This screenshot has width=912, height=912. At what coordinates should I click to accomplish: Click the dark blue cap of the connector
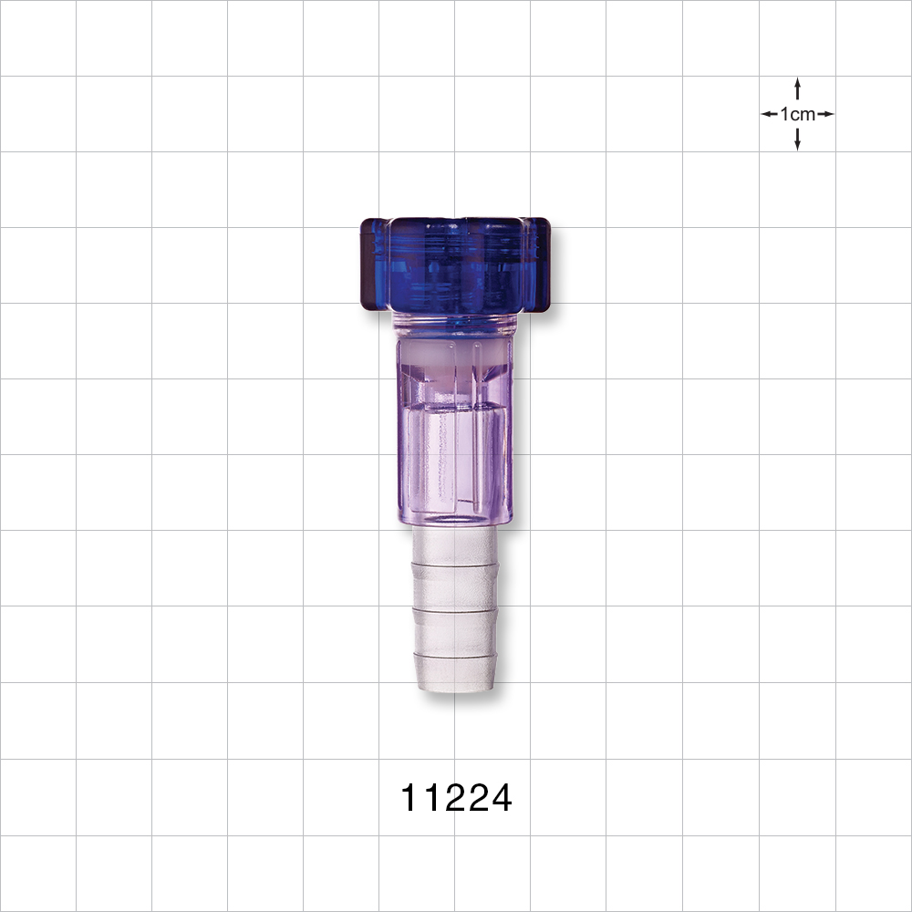point(455,265)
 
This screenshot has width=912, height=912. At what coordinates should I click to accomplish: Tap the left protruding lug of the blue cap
point(375,264)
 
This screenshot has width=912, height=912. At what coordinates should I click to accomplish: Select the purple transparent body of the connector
point(455,430)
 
